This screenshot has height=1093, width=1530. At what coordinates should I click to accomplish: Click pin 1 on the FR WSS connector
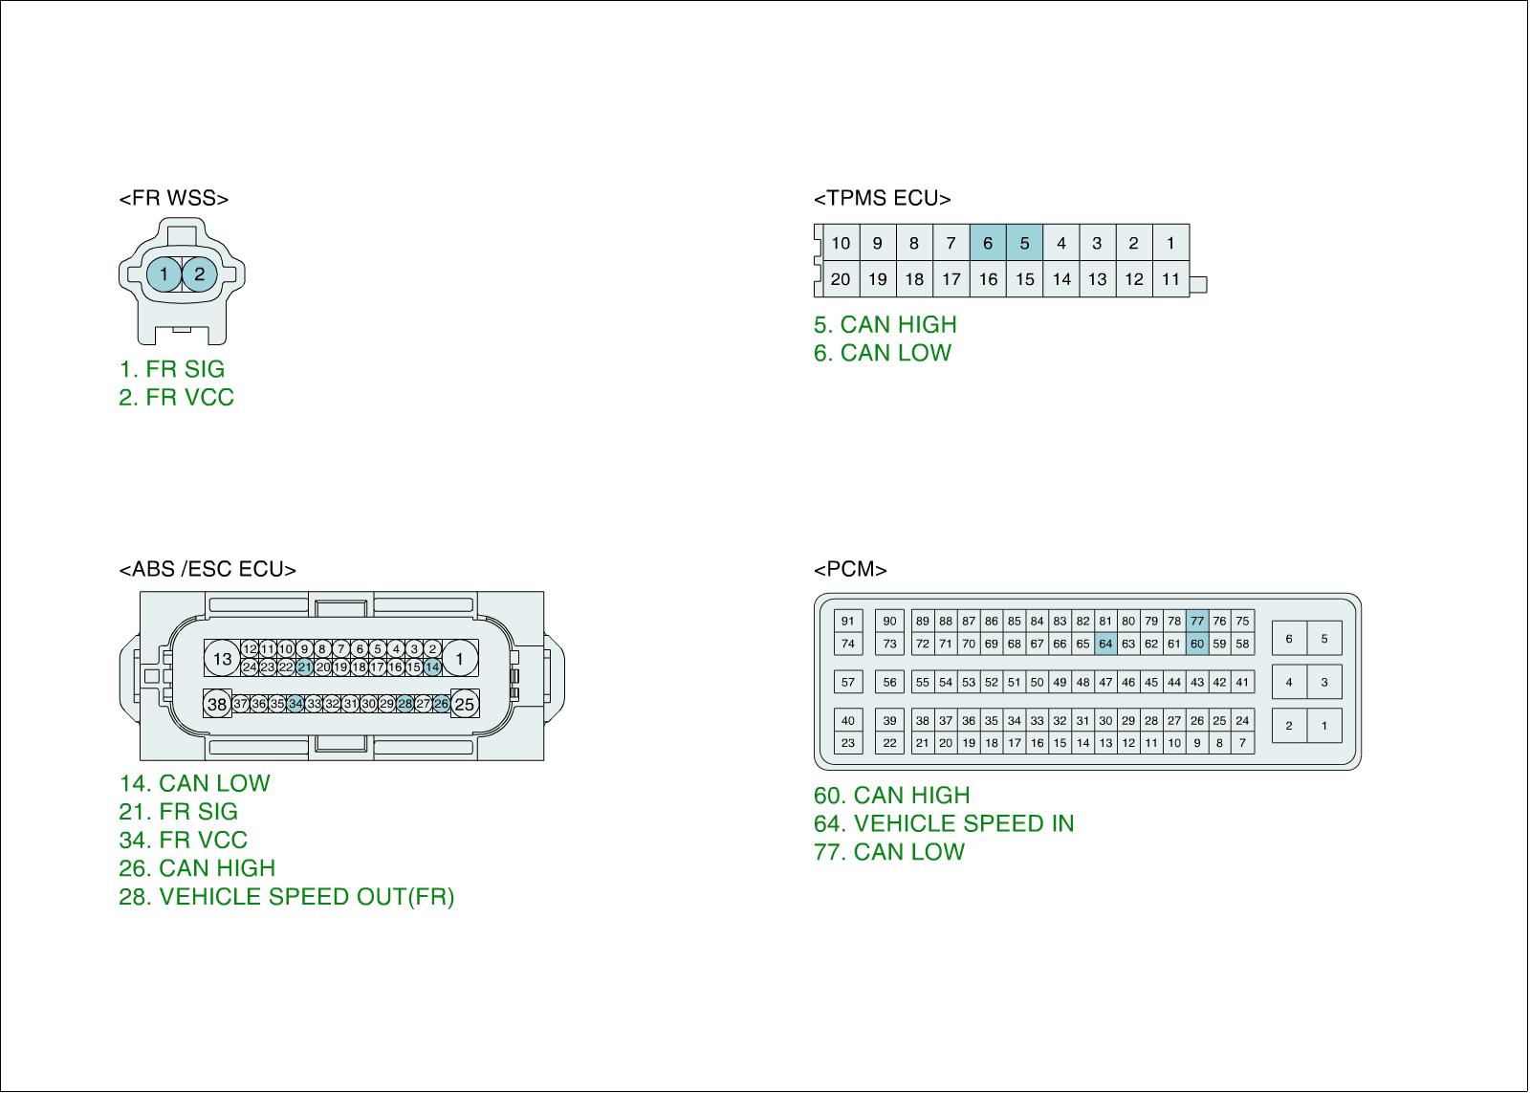pos(164,274)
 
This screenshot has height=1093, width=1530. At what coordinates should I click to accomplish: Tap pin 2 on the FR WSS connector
pos(199,274)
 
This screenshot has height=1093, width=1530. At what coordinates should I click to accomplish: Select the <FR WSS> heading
pos(173,199)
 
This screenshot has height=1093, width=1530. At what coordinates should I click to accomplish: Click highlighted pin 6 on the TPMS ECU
pos(988,243)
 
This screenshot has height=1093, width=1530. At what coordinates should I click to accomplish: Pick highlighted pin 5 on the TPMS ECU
pos(1024,243)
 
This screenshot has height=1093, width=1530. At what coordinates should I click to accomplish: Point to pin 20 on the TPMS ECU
pos(841,279)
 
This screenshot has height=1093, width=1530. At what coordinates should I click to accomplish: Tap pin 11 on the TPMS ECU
pos(1170,279)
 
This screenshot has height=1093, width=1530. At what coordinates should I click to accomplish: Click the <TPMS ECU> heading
pos(882,199)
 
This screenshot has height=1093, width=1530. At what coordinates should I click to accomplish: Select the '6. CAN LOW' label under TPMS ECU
pos(883,353)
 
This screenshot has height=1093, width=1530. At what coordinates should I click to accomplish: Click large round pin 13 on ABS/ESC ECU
pos(223,658)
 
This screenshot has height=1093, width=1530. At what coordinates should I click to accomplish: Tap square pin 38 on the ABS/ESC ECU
pos(218,705)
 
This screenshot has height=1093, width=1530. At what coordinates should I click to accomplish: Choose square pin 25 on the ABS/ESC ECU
pos(464,705)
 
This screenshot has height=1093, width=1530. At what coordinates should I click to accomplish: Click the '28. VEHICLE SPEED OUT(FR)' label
pos(287,897)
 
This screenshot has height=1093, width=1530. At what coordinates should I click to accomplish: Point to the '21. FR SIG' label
pos(179,812)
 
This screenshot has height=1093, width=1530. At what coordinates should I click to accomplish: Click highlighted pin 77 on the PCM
pos(1196,621)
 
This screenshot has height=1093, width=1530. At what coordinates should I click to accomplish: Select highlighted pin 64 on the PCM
pos(1105,644)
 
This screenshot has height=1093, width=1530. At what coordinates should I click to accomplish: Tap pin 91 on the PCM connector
pos(847,621)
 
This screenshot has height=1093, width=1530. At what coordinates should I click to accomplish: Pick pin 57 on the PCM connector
pos(847,683)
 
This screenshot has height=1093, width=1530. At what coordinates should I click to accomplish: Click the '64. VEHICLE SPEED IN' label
pos(944,823)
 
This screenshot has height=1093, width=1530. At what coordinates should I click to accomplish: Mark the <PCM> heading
pos(850,570)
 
